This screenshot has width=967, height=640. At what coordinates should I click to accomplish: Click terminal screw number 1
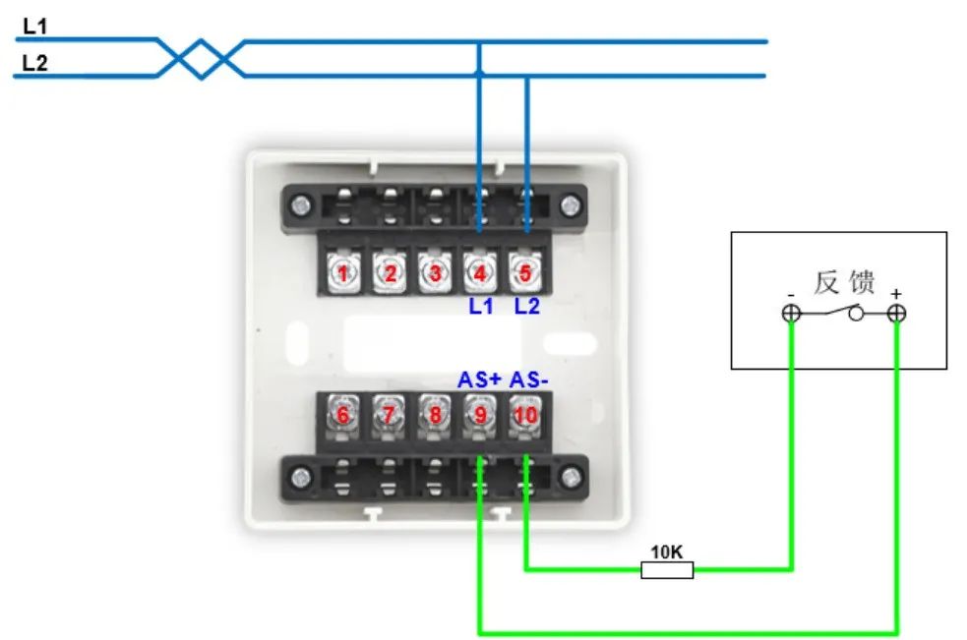click(x=343, y=273)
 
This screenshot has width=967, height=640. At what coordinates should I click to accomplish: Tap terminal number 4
click(x=480, y=273)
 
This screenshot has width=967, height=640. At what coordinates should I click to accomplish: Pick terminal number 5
click(x=526, y=273)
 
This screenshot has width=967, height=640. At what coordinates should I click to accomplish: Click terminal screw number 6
click(x=343, y=415)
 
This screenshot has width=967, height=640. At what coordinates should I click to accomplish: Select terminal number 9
click(x=480, y=415)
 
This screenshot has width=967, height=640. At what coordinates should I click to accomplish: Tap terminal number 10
click(x=526, y=415)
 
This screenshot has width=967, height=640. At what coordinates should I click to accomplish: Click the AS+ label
click(x=479, y=379)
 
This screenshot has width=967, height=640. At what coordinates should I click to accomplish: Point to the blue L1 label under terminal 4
click(x=480, y=307)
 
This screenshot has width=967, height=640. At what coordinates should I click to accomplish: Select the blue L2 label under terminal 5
click(x=527, y=307)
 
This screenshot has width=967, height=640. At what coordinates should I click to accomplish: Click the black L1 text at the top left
click(x=35, y=27)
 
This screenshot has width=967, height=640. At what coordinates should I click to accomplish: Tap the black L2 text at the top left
click(x=35, y=64)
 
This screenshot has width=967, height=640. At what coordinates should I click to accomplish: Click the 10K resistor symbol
click(x=667, y=569)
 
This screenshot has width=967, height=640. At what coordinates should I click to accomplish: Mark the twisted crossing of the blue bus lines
click(x=202, y=59)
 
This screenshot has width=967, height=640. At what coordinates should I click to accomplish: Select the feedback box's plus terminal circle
click(x=896, y=314)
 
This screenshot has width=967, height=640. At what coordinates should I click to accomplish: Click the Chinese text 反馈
click(x=844, y=283)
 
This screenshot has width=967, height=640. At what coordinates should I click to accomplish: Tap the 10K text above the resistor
click(x=667, y=552)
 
